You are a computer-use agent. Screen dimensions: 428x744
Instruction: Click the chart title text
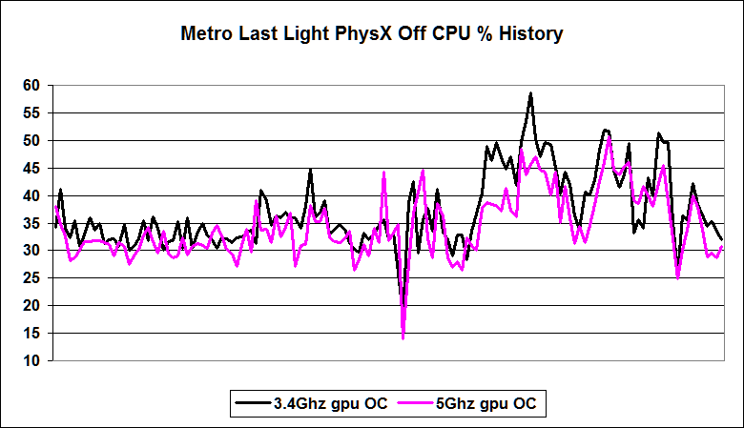pos(372,35)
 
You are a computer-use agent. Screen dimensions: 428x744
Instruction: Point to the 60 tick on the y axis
pos(31,86)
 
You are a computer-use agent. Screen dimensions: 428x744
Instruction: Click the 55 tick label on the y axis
pos(31,113)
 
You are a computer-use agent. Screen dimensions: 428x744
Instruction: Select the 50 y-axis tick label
pos(31,141)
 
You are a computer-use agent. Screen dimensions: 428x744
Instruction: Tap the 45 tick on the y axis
pos(31,169)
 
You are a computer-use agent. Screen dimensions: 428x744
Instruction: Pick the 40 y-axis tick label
pos(31,196)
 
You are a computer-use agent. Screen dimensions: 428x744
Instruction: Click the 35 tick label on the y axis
pos(31,224)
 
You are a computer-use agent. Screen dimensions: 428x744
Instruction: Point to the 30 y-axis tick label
pos(31,251)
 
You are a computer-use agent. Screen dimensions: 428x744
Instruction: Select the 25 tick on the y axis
pos(31,278)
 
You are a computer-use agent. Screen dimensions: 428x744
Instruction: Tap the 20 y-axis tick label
pos(31,306)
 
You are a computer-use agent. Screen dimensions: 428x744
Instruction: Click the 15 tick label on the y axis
pos(31,334)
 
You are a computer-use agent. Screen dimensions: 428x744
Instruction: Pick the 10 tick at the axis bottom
pos(31,361)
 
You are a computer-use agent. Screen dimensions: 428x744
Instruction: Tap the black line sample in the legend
pos(254,404)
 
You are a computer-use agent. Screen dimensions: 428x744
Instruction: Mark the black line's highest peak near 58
pos(530,93)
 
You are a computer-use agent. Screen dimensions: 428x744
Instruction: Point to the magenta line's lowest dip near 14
pos(403,338)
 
